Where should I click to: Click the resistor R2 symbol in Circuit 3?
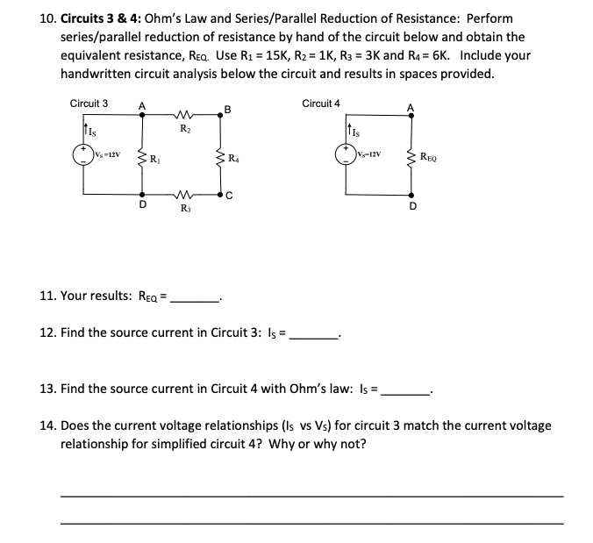(183, 112)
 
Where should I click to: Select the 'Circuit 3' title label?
(89, 104)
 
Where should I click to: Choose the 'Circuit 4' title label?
(321, 104)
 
